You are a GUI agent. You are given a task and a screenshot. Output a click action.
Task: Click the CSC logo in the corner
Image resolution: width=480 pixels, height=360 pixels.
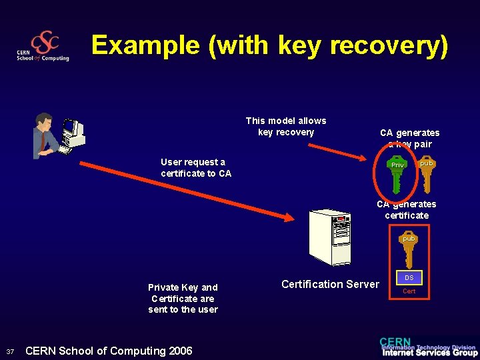coord(43,47)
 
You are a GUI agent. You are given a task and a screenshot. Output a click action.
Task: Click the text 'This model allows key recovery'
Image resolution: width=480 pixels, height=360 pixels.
coord(285,126)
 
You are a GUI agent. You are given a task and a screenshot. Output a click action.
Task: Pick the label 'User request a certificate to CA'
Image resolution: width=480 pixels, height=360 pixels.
coord(196,167)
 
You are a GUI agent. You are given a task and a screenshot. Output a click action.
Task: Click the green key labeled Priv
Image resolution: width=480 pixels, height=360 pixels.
coord(398,173)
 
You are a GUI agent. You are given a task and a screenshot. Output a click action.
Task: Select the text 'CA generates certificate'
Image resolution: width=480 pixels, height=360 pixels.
coord(407,210)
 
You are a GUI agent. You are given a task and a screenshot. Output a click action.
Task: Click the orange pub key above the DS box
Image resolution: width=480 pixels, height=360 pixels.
coord(409,249)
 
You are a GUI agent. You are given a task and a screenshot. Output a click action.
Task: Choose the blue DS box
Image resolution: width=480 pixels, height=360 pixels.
coord(409,277)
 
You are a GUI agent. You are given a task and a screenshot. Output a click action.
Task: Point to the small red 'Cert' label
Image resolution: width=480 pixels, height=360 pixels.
coord(409,291)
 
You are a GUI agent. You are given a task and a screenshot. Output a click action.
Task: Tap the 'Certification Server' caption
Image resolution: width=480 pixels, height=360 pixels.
coord(330,284)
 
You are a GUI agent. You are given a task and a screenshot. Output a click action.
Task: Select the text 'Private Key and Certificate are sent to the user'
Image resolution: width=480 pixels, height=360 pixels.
coord(183,298)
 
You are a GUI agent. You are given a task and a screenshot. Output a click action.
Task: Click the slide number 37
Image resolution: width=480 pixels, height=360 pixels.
coord(9,352)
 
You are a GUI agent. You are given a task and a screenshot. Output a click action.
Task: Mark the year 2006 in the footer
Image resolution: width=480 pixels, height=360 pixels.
coord(179,351)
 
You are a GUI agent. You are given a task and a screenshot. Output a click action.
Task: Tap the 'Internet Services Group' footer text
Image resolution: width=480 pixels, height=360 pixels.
coord(429,353)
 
